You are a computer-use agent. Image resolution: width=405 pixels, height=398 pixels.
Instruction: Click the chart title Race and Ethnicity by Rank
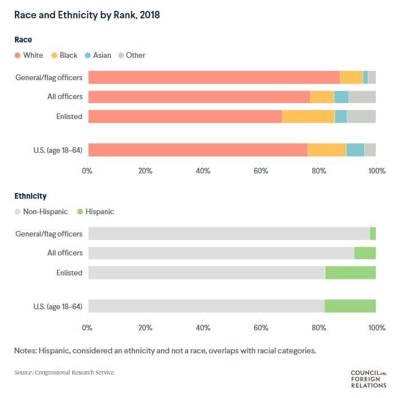click(x=87, y=15)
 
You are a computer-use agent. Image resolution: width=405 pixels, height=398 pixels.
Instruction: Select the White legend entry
click(x=32, y=56)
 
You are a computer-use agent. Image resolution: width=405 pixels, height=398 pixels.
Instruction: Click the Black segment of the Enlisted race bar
click(x=308, y=117)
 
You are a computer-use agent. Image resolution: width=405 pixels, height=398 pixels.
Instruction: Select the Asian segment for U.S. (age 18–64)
click(x=355, y=150)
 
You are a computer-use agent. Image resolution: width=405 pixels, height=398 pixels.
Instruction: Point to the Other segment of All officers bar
click(x=362, y=97)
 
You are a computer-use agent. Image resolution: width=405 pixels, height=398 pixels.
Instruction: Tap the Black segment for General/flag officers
click(x=351, y=77)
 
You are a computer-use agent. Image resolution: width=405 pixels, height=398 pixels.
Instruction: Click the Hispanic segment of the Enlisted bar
click(x=350, y=273)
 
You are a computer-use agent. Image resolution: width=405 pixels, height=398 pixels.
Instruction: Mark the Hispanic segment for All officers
click(x=365, y=253)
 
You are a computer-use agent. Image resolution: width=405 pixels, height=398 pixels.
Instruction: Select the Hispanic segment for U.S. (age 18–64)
click(x=350, y=306)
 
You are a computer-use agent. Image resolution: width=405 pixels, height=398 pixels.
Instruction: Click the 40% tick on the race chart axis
click(x=203, y=171)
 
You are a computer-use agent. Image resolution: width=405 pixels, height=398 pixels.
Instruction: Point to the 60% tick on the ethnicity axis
click(x=261, y=328)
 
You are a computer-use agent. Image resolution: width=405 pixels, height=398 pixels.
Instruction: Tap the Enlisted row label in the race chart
click(x=69, y=117)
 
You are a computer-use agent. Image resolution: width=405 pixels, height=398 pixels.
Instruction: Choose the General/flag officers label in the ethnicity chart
click(x=49, y=234)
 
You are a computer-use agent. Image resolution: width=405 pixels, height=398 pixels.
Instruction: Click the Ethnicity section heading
click(x=30, y=196)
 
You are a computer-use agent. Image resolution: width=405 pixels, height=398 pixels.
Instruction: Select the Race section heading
click(x=23, y=40)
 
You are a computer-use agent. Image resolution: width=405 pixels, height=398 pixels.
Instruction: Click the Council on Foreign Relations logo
click(x=368, y=379)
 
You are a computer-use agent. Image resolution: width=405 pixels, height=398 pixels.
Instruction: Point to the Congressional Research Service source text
click(x=65, y=373)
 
